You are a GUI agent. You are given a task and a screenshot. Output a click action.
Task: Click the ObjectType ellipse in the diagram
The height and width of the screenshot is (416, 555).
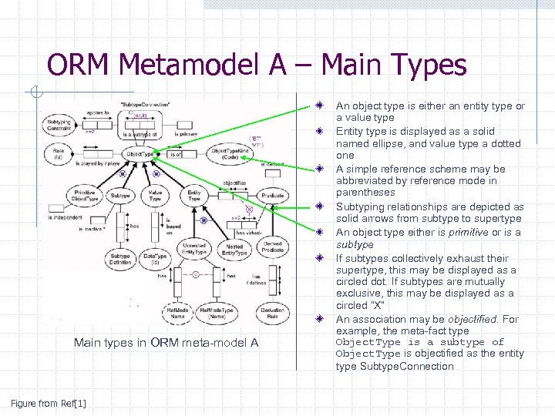point(140,154)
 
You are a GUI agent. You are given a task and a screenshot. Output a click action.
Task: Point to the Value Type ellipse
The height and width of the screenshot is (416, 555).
point(155,196)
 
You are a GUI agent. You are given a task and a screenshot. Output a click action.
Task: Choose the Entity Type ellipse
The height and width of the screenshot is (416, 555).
point(194,196)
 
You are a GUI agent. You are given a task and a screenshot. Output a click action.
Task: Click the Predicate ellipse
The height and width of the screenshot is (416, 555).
point(272,196)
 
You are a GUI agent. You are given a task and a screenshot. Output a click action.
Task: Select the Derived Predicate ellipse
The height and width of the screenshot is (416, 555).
point(271,247)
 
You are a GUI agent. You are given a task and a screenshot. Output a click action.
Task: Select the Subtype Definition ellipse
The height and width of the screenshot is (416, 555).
point(120,260)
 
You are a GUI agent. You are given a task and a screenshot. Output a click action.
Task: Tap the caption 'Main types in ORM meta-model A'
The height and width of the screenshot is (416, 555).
point(166,342)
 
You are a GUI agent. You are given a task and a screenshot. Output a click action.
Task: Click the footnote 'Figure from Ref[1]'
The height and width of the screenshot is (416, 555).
point(48,403)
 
